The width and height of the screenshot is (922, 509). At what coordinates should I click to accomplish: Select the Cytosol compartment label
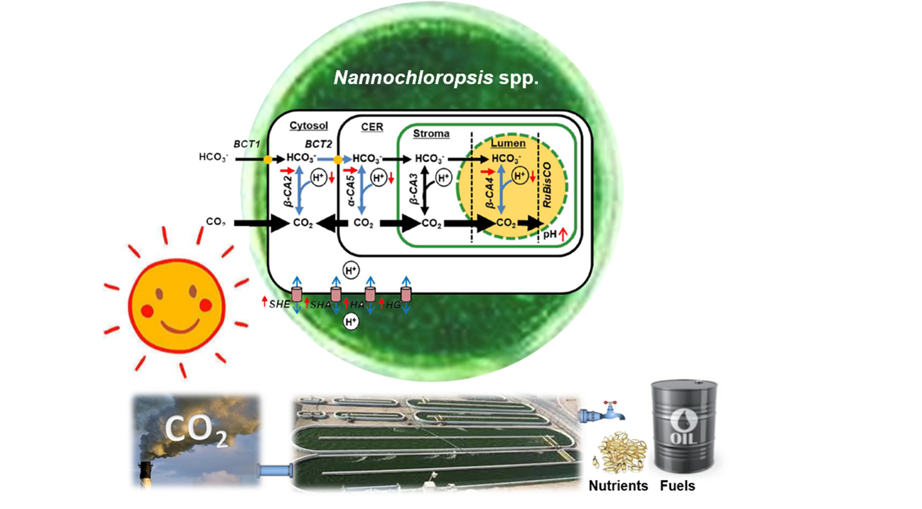[308, 126]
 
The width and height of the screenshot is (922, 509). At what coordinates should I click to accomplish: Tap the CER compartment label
[371, 126]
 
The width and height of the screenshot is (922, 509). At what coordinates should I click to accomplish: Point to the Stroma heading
[431, 133]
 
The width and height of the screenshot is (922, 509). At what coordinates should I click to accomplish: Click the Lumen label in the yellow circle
[508, 143]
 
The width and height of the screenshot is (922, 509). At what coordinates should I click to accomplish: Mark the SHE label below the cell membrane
[279, 305]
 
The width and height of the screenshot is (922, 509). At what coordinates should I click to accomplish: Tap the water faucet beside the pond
[604, 411]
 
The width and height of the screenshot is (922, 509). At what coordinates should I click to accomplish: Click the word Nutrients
[618, 485]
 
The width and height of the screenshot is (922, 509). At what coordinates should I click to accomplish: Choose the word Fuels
[677, 485]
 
